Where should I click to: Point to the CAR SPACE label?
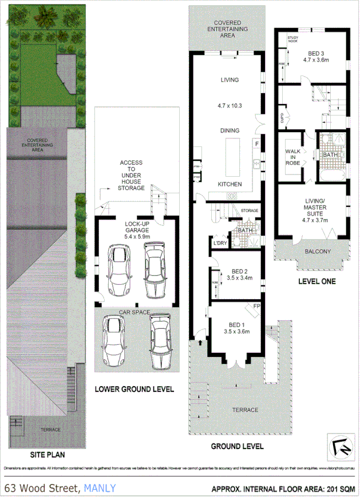point(134,312)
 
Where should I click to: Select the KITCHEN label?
point(229,184)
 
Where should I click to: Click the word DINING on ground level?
point(229,130)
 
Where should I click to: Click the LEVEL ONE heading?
point(317,281)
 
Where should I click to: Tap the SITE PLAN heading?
point(48,455)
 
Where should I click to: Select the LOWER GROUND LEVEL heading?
point(134,389)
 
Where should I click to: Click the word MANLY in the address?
point(100,488)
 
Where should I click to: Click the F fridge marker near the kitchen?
point(257,143)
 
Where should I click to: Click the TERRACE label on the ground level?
point(245,409)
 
